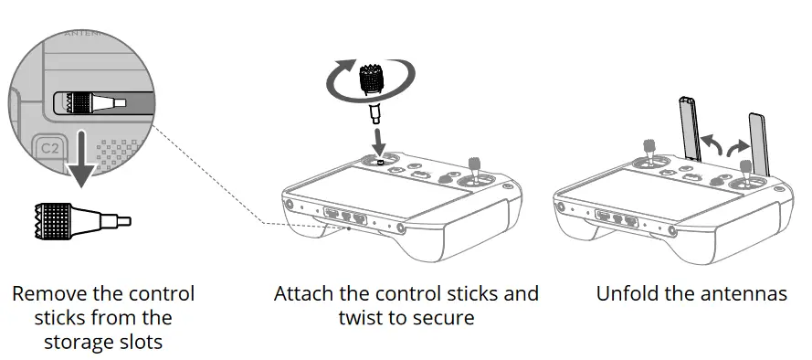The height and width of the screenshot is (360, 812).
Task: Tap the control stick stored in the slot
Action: pos(91,103)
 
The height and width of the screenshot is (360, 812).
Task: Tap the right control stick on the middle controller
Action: pos(474,170)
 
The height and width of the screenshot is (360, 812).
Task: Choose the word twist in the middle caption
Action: pos(360,318)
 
